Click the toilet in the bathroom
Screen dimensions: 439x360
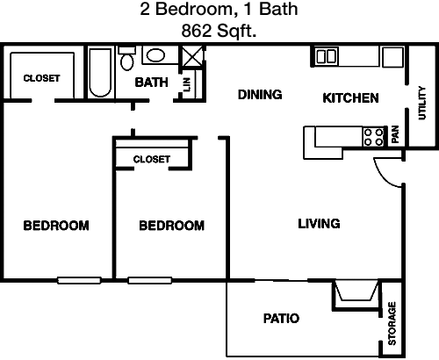click(x=127, y=58)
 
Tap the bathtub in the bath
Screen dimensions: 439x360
click(x=100, y=72)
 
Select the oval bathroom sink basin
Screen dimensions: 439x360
click(x=155, y=54)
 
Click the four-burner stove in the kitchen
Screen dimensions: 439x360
click(x=373, y=137)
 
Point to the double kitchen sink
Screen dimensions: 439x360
click(x=326, y=56)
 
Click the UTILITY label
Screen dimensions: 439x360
click(x=421, y=103)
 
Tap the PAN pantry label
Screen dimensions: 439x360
click(x=395, y=134)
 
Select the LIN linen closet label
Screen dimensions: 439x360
click(x=187, y=84)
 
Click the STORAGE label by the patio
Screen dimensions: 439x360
click(x=392, y=323)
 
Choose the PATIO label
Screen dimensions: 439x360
click(x=281, y=319)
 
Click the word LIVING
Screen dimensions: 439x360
click(x=319, y=224)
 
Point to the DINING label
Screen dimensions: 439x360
click(x=260, y=95)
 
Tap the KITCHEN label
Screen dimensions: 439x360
click(x=350, y=97)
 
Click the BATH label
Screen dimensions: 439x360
click(x=151, y=83)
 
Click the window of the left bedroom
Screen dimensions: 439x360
click(x=79, y=280)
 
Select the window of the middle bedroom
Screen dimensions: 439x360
click(x=150, y=280)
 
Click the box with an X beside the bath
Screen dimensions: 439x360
click(x=192, y=56)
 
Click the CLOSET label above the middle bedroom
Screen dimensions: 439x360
click(x=152, y=159)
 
